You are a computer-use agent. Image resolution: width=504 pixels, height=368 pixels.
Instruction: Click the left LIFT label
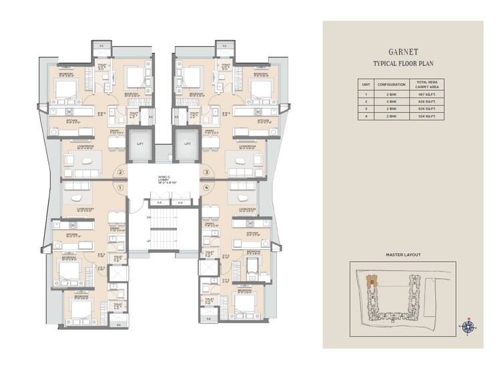(139, 144)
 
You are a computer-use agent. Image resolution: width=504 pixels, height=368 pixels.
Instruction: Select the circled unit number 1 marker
(120, 189)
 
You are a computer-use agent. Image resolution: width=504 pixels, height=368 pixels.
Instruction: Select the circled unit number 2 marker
(120, 172)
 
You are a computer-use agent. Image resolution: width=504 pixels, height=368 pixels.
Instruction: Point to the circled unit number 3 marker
(207, 172)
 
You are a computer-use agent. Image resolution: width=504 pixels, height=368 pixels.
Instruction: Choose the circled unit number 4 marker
(207, 189)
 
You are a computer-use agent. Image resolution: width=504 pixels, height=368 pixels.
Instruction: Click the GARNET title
(403, 51)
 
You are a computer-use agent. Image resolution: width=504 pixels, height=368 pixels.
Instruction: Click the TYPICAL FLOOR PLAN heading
(403, 64)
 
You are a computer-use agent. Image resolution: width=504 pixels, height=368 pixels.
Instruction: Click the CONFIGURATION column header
(391, 85)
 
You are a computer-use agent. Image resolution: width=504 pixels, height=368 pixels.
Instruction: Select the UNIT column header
(365, 85)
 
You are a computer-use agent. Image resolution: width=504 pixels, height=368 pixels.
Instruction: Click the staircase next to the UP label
(161, 236)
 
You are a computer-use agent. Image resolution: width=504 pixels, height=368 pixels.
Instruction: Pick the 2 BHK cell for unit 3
(391, 110)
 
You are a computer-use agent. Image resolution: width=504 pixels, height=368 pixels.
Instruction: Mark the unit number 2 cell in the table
(365, 102)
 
